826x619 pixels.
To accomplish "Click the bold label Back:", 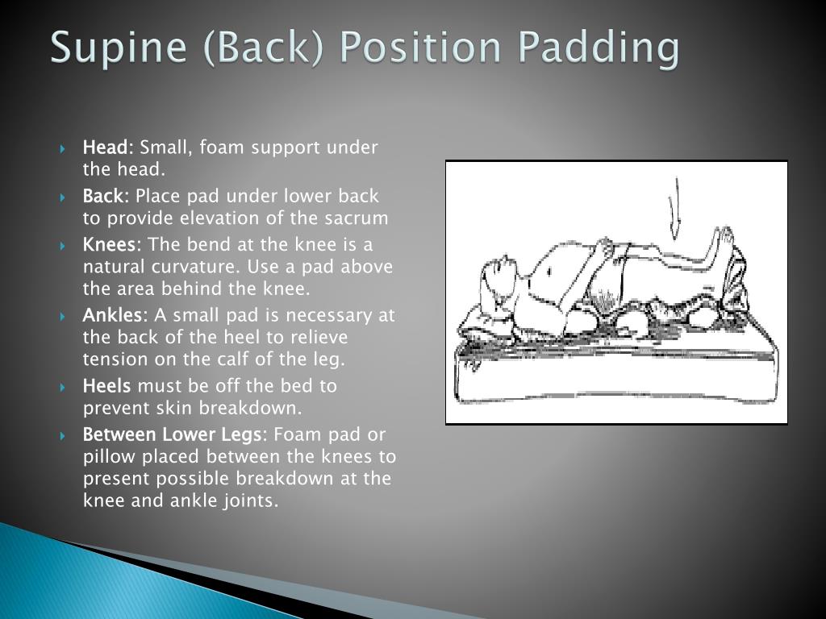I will (x=106, y=196).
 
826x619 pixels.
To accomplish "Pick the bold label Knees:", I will (x=112, y=244).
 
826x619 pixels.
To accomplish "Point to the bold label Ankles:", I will (x=115, y=315).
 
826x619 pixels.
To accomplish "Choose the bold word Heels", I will (x=107, y=386).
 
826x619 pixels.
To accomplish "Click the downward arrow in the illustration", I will (x=675, y=210).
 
